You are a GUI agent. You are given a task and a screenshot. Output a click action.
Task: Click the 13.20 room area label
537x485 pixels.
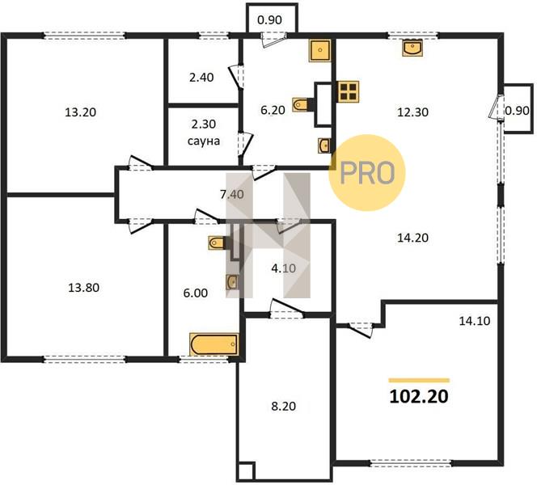(x=81, y=112)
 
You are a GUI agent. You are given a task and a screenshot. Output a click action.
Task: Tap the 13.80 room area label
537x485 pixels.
(x=84, y=288)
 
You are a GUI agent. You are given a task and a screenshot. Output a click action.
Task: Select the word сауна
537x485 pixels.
(x=204, y=141)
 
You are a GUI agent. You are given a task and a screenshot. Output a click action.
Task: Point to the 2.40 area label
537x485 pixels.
(x=201, y=78)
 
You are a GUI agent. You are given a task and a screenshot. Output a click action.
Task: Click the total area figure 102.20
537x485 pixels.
(x=419, y=397)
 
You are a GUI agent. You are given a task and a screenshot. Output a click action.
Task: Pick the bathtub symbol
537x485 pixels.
(x=214, y=344)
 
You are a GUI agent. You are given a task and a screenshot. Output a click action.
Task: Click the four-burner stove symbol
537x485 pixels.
(x=349, y=91)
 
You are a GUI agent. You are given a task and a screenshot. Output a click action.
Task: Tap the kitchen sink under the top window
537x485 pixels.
(x=412, y=48)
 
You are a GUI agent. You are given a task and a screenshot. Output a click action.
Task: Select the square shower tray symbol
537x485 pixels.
(x=320, y=51)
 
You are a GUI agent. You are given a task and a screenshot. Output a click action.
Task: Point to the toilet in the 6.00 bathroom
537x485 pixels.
(x=218, y=243)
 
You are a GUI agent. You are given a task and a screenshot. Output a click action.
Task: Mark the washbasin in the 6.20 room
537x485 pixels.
(x=324, y=145)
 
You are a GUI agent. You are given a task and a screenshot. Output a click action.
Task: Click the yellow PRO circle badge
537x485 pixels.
(x=367, y=172)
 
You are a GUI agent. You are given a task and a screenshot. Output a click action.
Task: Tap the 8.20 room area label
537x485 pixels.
(x=284, y=407)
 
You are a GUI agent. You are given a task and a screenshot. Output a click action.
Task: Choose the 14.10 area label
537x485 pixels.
(x=475, y=321)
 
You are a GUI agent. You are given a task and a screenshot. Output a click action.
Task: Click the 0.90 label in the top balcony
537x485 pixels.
(x=269, y=20)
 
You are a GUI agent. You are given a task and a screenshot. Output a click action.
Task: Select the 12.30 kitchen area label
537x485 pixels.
(x=412, y=112)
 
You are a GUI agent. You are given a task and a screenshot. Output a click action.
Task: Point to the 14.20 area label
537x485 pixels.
(x=412, y=238)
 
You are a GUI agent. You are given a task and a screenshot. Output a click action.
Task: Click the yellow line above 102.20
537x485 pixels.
(x=419, y=380)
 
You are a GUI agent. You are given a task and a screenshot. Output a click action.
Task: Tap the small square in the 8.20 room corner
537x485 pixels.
(x=246, y=471)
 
